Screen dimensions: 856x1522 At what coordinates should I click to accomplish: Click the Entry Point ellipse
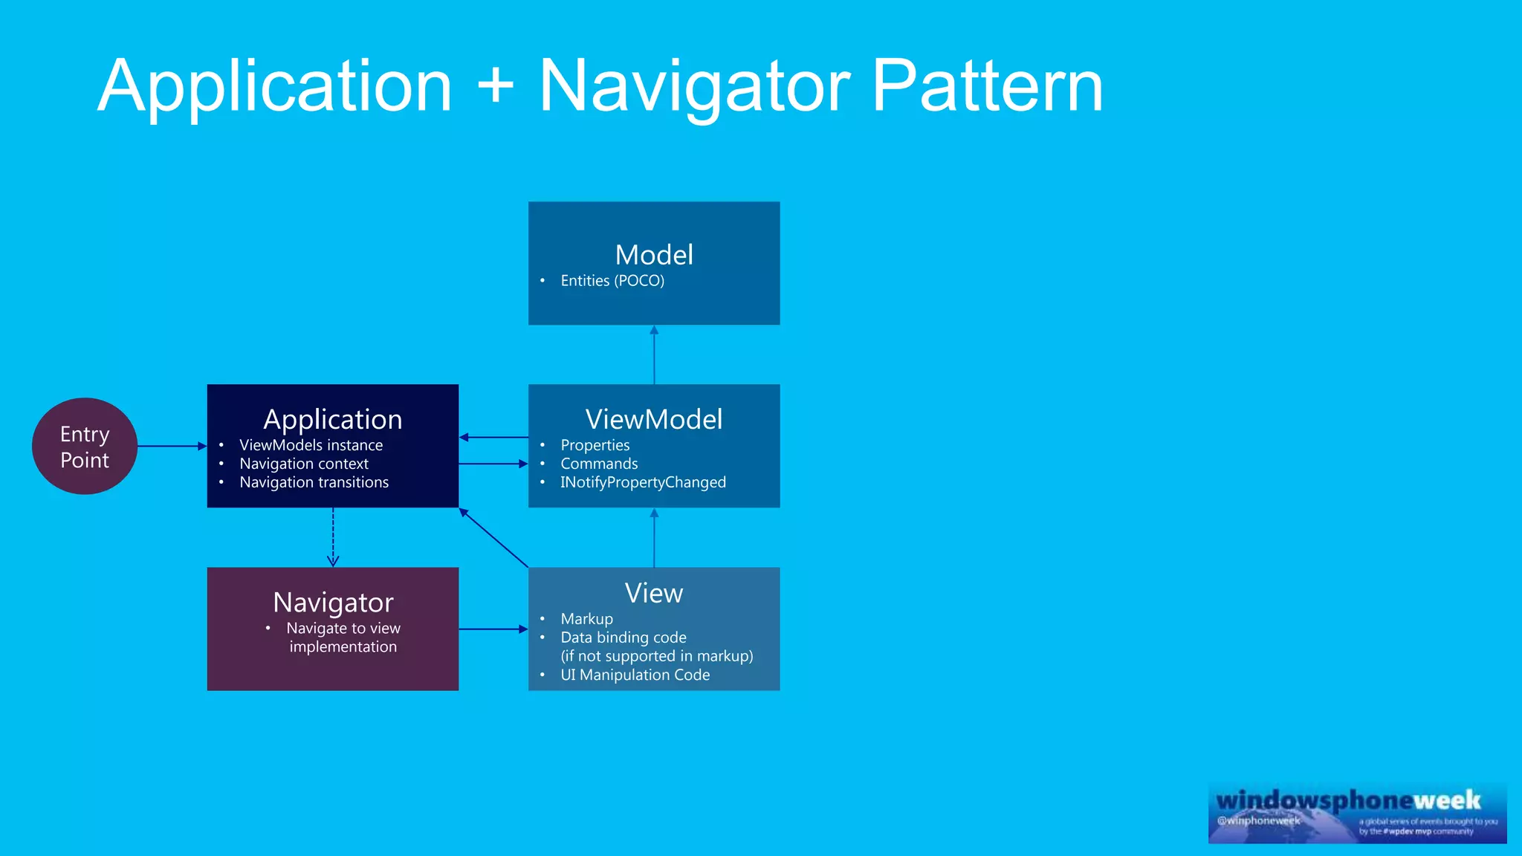[85, 446]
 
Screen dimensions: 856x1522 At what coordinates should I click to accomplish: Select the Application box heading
[333, 420]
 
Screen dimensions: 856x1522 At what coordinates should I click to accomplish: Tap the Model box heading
[654, 255]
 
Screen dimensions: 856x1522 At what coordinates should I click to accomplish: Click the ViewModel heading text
[654, 420]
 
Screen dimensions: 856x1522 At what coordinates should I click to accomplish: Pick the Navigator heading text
[333, 603]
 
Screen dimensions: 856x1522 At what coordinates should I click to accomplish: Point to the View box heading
[654, 593]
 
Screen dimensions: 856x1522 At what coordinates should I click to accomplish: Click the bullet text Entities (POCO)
[612, 281]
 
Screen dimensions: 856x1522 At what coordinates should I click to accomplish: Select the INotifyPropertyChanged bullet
[643, 482]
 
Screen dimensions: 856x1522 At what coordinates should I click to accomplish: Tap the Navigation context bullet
[304, 464]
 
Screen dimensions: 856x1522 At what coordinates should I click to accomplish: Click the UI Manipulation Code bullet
[635, 675]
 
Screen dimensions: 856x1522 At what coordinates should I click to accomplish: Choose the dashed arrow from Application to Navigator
[333, 537]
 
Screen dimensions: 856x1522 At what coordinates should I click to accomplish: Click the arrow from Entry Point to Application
[172, 446]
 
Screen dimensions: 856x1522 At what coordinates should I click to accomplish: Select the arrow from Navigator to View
[493, 629]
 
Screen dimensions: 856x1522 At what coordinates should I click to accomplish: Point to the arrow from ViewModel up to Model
[654, 355]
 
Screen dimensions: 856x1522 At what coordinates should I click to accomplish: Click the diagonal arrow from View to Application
[493, 538]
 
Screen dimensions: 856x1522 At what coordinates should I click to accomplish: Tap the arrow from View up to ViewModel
[654, 538]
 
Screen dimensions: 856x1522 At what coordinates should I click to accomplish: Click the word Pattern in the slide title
[988, 88]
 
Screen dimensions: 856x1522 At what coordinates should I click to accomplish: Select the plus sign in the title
[496, 86]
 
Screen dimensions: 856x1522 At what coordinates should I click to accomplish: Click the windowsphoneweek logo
[1357, 812]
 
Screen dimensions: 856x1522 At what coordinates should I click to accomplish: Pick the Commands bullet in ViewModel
[599, 464]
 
